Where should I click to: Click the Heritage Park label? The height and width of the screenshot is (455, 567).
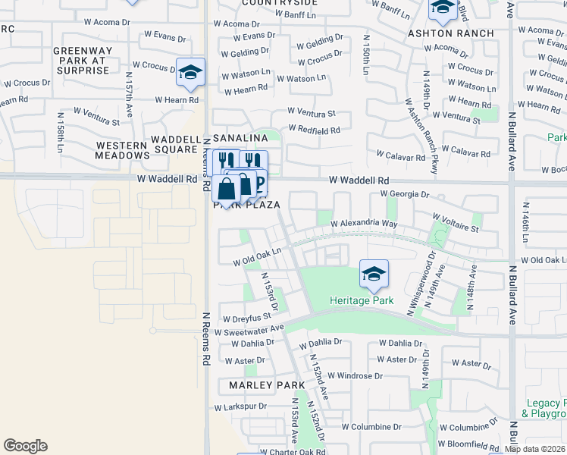(362, 301)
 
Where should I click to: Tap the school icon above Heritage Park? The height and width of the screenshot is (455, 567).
(374, 274)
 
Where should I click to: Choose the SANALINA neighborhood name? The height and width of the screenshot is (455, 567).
(240, 138)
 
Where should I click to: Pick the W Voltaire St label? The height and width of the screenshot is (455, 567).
(454, 227)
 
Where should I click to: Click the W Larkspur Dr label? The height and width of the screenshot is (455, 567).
(242, 407)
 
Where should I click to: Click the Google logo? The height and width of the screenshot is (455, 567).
(25, 446)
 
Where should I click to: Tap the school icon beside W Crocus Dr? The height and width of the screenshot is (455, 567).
(191, 72)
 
